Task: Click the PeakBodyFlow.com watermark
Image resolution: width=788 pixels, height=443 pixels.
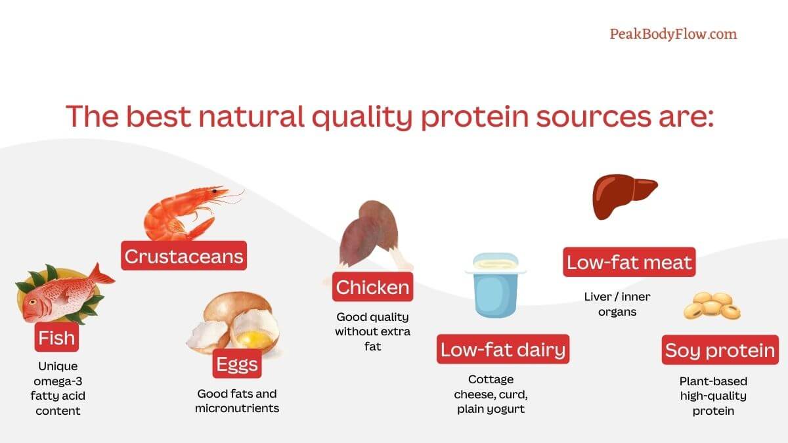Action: click(673, 34)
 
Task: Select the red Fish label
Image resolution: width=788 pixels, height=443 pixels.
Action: click(56, 339)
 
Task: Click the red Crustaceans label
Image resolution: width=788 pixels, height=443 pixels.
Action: click(184, 256)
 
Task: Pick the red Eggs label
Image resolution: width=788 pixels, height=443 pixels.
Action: click(237, 364)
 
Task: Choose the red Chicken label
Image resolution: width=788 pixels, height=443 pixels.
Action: click(372, 287)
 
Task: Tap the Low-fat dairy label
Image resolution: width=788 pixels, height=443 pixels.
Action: click(502, 349)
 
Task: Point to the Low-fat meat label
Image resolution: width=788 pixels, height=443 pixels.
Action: click(629, 263)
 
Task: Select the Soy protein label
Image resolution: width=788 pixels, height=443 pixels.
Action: click(720, 350)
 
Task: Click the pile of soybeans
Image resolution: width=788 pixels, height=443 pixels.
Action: click(712, 306)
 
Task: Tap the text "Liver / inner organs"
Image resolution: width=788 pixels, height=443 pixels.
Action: click(617, 304)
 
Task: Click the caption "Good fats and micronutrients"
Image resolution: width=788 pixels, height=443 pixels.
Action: click(237, 400)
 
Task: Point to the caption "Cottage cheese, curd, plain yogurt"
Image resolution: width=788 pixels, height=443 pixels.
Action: click(491, 394)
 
